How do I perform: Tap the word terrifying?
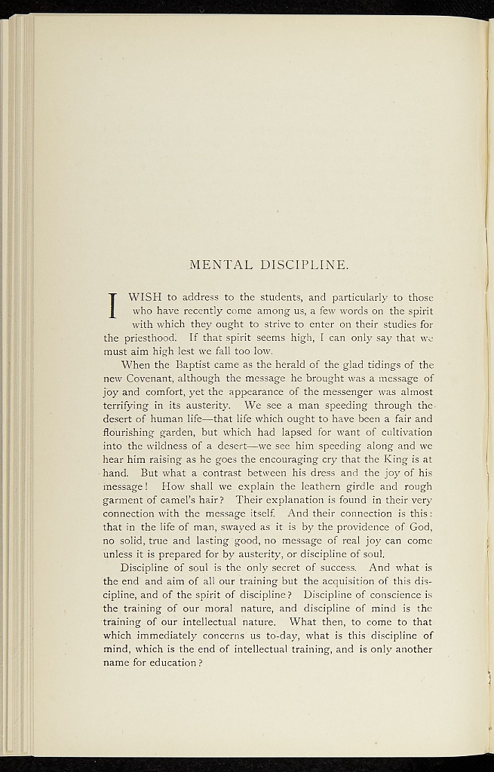(x=130, y=405)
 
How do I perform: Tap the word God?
(x=419, y=527)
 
